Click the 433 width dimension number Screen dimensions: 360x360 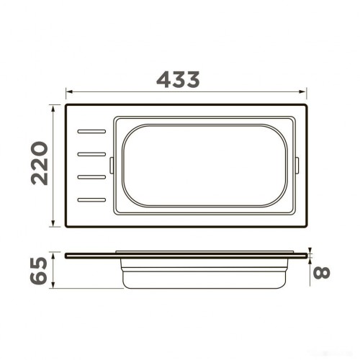tap(178, 80)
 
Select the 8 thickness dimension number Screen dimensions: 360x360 tap(324, 273)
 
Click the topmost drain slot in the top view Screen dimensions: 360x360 tap(91, 132)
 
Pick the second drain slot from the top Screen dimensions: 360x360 tap(91, 154)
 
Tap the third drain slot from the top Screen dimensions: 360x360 tap(91, 176)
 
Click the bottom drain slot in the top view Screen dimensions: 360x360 tap(91, 199)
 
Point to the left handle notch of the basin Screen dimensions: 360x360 tap(111, 166)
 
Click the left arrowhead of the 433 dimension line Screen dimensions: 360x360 tap(68, 91)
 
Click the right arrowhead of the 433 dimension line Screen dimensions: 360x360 tap(305, 91)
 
